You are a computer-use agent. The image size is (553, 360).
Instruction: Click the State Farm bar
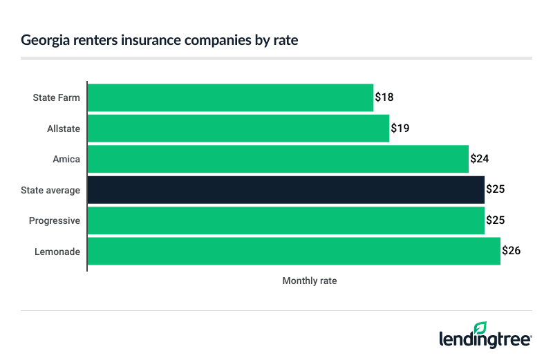[230, 97]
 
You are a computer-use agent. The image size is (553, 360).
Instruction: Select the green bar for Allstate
[238, 128]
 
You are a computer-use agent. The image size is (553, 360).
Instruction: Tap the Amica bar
[278, 159]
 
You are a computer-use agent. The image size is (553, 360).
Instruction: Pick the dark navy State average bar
[286, 189]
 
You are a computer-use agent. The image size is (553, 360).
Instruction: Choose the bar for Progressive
[286, 220]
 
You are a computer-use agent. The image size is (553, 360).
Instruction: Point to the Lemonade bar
[294, 251]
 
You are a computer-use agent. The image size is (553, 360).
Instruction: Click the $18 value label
[384, 97]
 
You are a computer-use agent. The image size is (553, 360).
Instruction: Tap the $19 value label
[400, 128]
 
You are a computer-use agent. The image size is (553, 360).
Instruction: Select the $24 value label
[480, 159]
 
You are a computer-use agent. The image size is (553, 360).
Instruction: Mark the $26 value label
[512, 251]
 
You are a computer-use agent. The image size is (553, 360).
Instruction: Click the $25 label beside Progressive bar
[496, 220]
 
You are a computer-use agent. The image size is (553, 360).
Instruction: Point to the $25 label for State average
[496, 189]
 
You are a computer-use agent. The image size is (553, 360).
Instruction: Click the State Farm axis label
[57, 97]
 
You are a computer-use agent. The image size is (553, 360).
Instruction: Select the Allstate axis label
[64, 129]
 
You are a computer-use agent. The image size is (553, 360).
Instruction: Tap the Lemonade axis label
[57, 252]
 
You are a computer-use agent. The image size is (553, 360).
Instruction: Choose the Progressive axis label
[55, 220]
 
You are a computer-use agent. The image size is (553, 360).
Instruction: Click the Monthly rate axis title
[310, 281]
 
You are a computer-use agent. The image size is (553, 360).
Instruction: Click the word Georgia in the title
[44, 40]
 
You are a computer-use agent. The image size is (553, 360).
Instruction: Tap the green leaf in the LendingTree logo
[480, 328]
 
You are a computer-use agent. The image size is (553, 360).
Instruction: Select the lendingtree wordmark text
[485, 339]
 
